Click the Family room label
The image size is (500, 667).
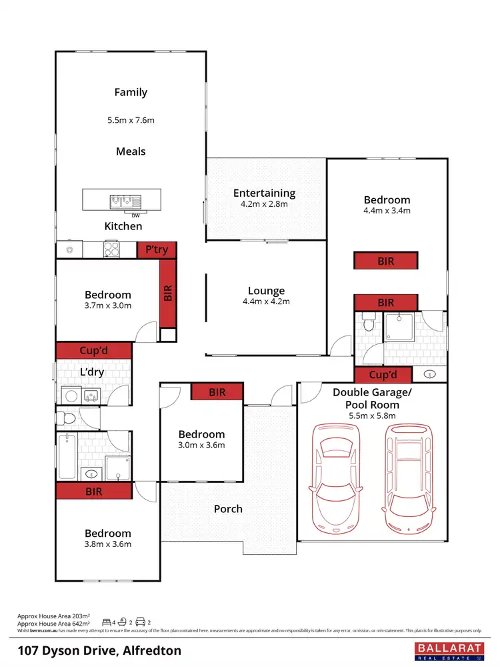[131, 93]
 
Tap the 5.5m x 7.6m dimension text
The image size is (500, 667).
[131, 121]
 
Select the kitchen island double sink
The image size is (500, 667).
[123, 199]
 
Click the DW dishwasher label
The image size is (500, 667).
[136, 215]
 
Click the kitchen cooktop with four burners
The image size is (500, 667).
[111, 249]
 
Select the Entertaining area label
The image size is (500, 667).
[264, 193]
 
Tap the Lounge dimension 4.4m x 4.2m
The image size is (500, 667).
[266, 301]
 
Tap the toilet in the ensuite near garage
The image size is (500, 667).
[369, 326]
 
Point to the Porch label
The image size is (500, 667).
[228, 509]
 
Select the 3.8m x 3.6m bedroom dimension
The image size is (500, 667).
[107, 544]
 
